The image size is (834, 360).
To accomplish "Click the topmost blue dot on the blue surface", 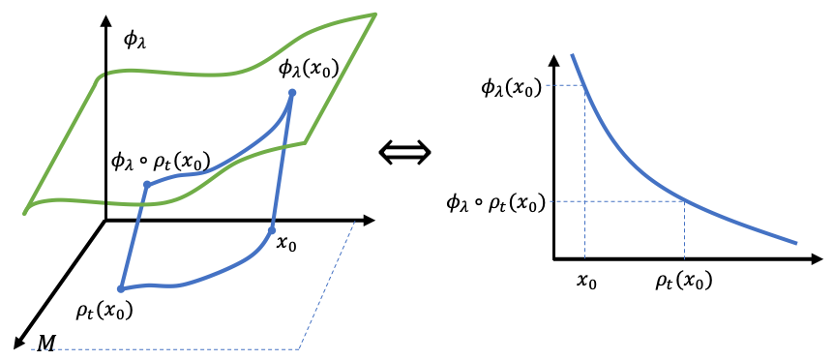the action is (292, 92).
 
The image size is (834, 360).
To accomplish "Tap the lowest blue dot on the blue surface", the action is (121, 288).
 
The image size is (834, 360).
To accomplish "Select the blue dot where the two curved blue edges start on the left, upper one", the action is (147, 184).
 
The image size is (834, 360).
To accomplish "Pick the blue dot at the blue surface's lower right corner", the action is (272, 229).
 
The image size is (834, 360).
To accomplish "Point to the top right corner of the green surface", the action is (374, 14).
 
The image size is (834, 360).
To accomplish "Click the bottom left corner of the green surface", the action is (25, 212).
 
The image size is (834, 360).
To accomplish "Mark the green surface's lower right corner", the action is (305, 142).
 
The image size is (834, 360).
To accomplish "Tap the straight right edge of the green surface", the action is (341, 77).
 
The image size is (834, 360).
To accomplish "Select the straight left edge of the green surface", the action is (63, 143).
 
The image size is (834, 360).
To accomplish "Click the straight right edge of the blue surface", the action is (282, 162).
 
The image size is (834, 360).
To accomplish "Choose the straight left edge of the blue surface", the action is (134, 237).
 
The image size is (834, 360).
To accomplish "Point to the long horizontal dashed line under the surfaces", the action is (164, 348).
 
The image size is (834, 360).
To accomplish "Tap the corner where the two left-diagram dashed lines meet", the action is (299, 348).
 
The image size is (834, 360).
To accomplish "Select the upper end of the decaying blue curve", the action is (573, 55).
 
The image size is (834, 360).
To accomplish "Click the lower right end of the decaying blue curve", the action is (796, 243).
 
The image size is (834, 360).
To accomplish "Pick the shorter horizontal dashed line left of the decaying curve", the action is (564, 85).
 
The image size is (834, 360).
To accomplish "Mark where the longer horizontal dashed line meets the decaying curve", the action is (683, 200).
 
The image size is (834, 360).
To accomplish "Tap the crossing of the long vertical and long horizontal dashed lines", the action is (584, 201).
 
